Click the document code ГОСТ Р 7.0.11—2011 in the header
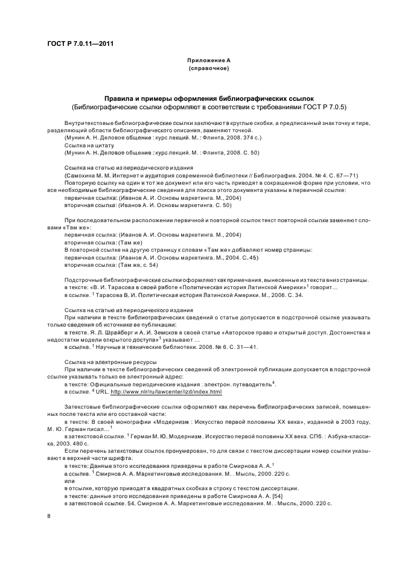pyautogui.click(x=80, y=43)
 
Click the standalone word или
pyautogui.click(x=69, y=480)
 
